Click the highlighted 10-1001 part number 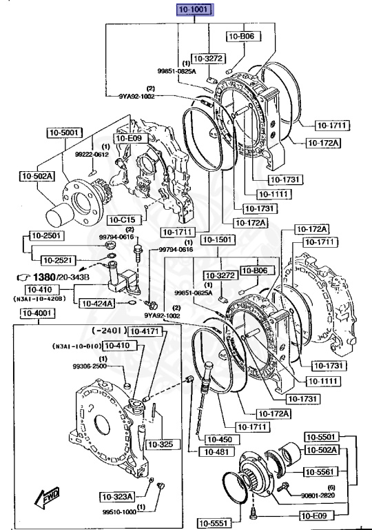click(x=196, y=10)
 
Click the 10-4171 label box click(x=145, y=332)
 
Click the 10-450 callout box click(x=215, y=439)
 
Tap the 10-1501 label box click(x=217, y=239)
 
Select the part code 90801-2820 click(x=318, y=495)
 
